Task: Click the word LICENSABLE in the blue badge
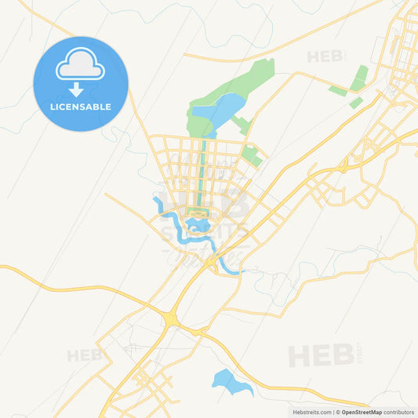point(80,107)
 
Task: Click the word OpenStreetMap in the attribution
point(362,412)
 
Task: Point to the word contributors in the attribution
point(399,412)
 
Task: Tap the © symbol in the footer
point(338,412)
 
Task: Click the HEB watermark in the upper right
point(325,56)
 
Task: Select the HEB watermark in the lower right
point(321,355)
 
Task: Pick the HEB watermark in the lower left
point(84,355)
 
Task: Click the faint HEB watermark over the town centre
point(205,203)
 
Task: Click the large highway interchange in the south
point(170,318)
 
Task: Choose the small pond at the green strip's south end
point(199,225)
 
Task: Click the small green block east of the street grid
point(252,156)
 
